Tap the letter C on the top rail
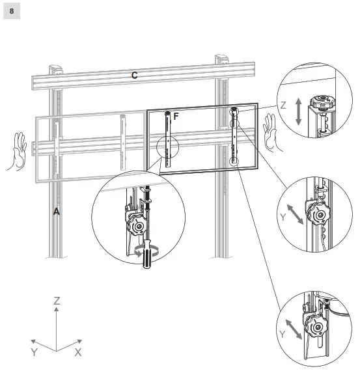click(x=134, y=76)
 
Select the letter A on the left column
click(x=57, y=212)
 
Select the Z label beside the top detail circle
click(x=283, y=104)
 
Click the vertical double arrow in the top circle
click(x=297, y=112)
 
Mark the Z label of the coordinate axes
click(x=57, y=301)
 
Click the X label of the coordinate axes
click(x=78, y=352)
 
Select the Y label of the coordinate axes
click(x=34, y=352)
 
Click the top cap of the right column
click(x=223, y=61)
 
